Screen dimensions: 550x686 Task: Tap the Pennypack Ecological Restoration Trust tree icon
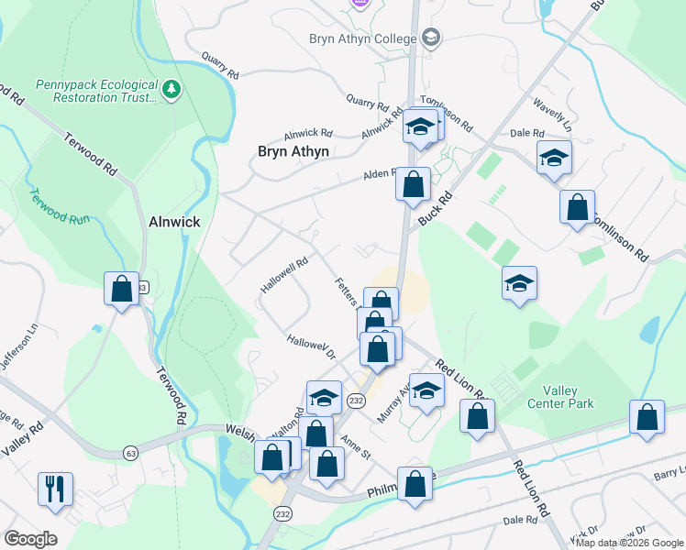[171, 89]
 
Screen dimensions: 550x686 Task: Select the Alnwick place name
[174, 222]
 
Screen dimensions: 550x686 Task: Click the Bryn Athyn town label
[293, 151]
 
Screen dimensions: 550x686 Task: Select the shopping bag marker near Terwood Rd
[121, 290]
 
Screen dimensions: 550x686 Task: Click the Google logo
[30, 539]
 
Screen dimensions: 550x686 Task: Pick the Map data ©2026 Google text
[628, 543]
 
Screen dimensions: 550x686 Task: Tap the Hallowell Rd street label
[282, 274]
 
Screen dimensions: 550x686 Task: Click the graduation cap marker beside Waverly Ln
[554, 159]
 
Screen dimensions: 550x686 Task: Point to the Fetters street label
[347, 291]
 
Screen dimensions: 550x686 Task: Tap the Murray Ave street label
[393, 403]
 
